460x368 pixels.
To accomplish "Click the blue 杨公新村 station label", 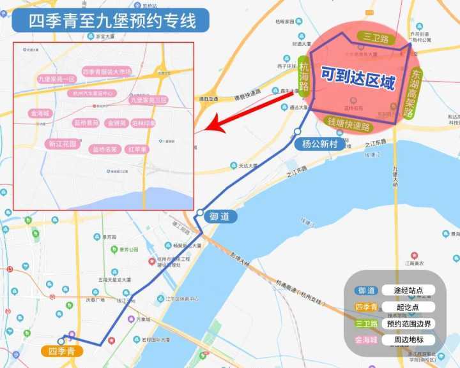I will point(320,144).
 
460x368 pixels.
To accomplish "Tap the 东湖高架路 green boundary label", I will point(415,94).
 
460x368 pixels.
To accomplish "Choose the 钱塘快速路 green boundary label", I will point(348,124).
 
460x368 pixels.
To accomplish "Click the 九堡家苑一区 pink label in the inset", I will point(57,78).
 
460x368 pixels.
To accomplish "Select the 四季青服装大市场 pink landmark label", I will point(107,72).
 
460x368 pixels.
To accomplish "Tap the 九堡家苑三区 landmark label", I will point(148,100).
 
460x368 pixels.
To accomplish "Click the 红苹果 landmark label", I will point(137,150).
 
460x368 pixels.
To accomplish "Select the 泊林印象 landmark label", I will point(143,122).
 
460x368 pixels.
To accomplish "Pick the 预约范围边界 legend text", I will point(410,323).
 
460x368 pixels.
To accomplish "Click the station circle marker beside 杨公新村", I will point(298,131).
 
